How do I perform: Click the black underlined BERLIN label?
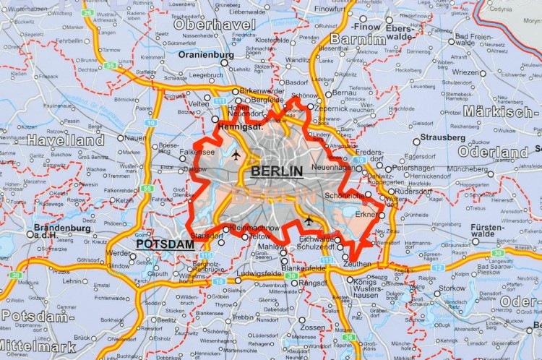click(276, 171)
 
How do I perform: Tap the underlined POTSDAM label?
click(165, 244)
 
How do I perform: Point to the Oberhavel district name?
click(215, 25)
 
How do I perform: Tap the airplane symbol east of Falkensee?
click(236, 155)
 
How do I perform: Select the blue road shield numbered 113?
click(327, 260)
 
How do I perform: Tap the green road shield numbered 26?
click(87, 12)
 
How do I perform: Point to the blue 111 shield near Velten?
click(220, 102)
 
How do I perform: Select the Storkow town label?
click(452, 288)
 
